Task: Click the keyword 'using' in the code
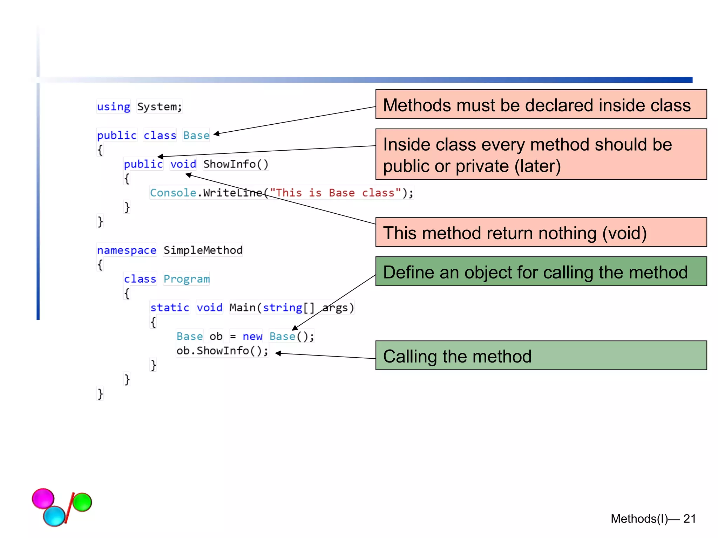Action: click(113, 106)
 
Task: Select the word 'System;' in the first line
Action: click(160, 106)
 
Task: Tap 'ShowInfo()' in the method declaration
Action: click(236, 164)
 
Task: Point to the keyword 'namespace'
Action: click(127, 250)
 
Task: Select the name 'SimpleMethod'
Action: click(203, 250)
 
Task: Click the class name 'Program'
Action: click(186, 279)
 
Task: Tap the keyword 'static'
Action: click(170, 308)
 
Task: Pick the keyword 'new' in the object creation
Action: click(252, 336)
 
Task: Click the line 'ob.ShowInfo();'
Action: click(222, 351)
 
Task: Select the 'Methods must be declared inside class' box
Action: click(541, 104)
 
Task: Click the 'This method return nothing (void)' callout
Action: click(541, 232)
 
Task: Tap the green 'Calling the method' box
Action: click(541, 356)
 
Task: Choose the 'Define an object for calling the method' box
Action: click(541, 271)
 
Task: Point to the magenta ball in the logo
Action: click(43, 498)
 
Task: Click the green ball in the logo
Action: click(82, 502)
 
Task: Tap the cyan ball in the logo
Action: click(54, 516)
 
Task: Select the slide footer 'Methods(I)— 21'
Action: click(653, 519)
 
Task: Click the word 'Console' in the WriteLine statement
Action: click(173, 193)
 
